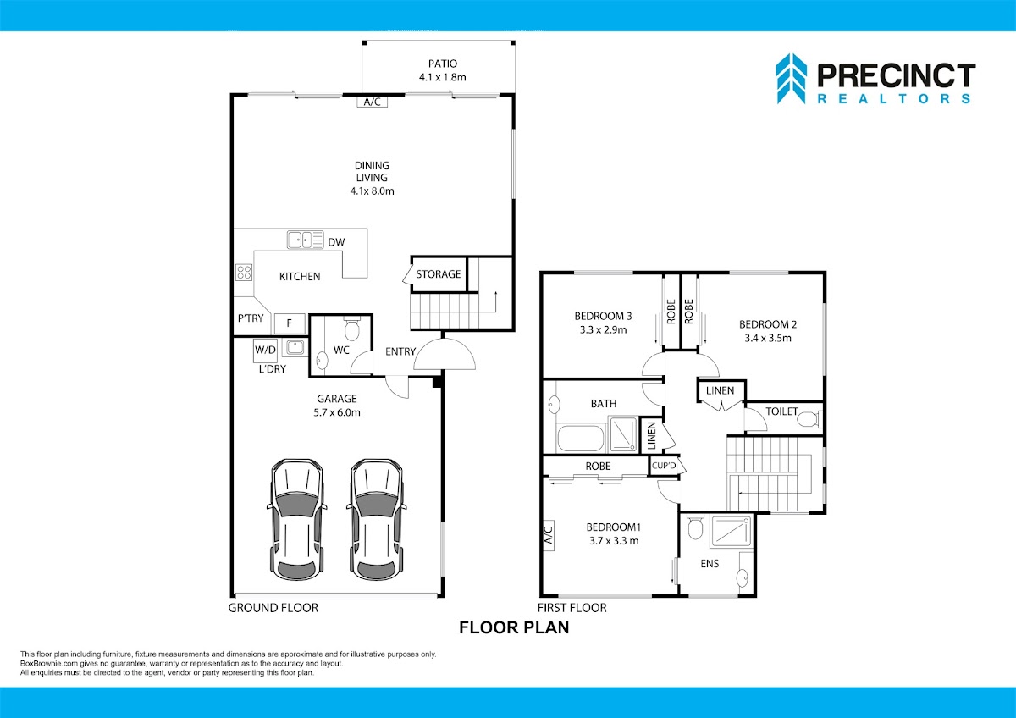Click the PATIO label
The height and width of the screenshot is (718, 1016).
[443, 64]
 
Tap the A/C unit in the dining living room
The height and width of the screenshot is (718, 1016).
[372, 102]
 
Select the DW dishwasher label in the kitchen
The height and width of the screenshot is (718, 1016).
[337, 242]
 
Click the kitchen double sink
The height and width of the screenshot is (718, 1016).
[306, 240]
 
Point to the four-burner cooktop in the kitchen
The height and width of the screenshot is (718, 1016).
[244, 272]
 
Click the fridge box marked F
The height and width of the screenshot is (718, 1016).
[290, 323]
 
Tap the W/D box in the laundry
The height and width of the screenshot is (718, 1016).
[265, 351]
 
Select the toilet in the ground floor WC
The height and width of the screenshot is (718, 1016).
[352, 328]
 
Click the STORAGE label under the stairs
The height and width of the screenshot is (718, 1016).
[439, 274]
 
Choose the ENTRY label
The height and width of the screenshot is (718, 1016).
[400, 351]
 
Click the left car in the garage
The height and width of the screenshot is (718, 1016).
[297, 520]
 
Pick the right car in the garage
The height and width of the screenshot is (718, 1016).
[377, 520]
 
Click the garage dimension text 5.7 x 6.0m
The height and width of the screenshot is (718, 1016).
[337, 412]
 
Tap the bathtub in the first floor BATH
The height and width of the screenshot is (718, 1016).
[581, 438]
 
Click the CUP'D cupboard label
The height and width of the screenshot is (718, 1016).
[664, 466]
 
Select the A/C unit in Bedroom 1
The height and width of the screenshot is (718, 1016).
[549, 535]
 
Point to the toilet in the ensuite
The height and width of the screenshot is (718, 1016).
[695, 526]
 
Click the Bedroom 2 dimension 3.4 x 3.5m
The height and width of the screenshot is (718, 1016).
[768, 338]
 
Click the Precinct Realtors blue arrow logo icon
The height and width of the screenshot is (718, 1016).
[791, 79]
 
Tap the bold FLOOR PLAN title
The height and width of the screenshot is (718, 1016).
[514, 627]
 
